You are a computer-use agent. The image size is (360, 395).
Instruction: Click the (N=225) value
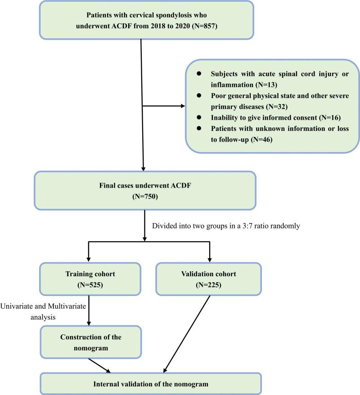coord(208,285)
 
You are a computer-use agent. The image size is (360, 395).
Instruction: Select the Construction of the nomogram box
coord(90,342)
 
